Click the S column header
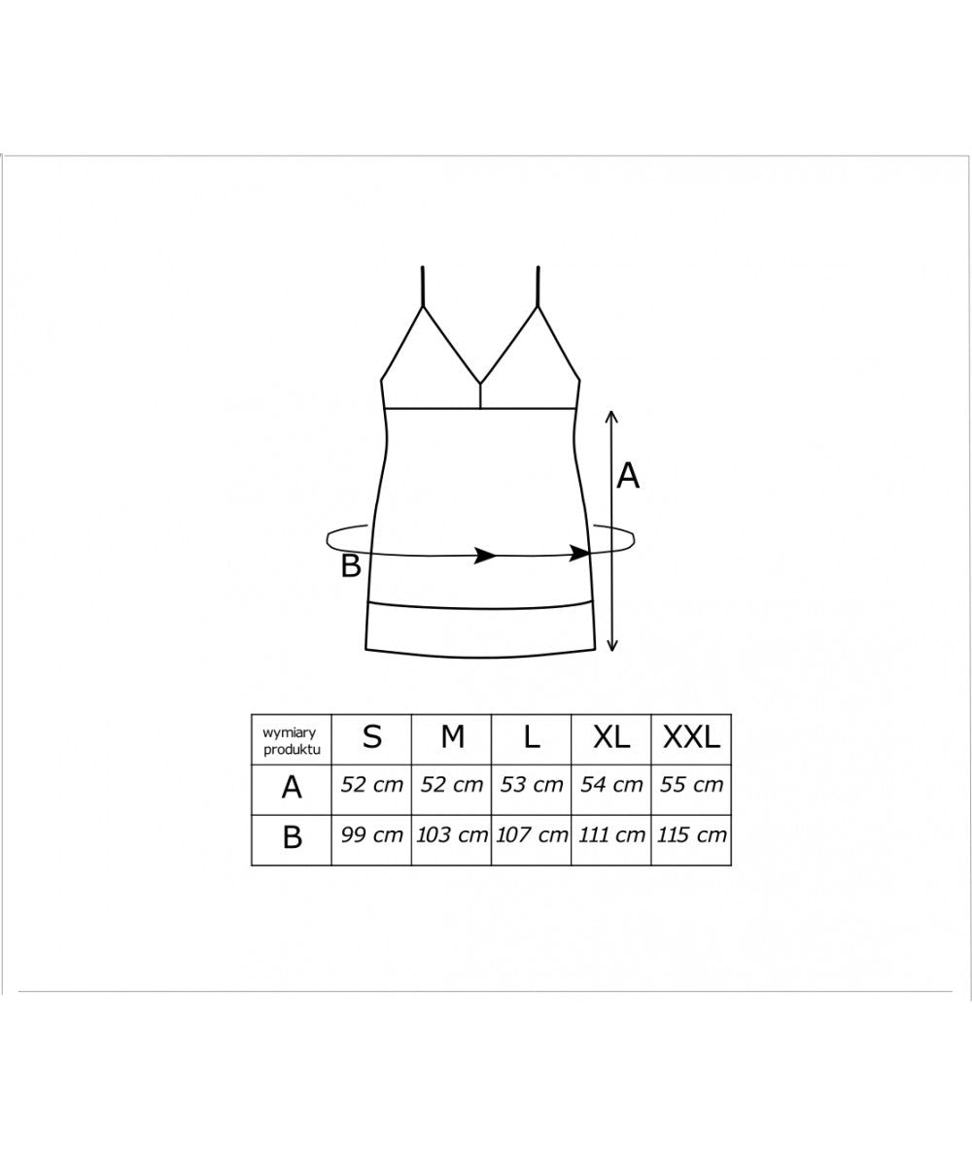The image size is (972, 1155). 372,737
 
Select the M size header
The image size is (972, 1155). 453,737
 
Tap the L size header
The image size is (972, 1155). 532,737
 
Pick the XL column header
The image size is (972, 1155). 611,737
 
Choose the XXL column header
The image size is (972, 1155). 691,737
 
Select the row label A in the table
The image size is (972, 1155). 292,788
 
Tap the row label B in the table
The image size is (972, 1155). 293,837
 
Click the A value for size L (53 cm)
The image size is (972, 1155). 532,785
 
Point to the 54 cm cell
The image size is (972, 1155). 611,785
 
